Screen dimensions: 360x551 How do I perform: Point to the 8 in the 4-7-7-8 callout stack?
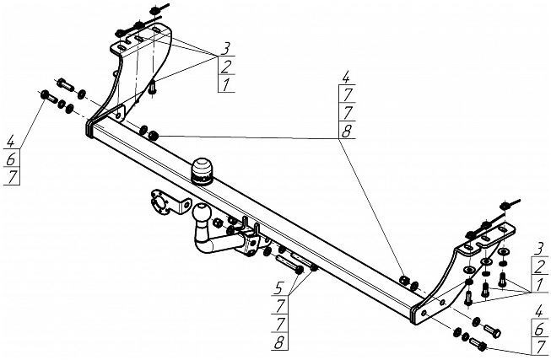click(346, 131)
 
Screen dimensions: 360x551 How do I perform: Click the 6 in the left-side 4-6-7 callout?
click(10, 160)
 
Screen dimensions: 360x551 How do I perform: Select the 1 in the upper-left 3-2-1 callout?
click(226, 84)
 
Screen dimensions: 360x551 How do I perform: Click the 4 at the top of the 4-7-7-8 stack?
click(346, 80)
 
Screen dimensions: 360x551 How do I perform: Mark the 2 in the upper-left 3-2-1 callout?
click(226, 67)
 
